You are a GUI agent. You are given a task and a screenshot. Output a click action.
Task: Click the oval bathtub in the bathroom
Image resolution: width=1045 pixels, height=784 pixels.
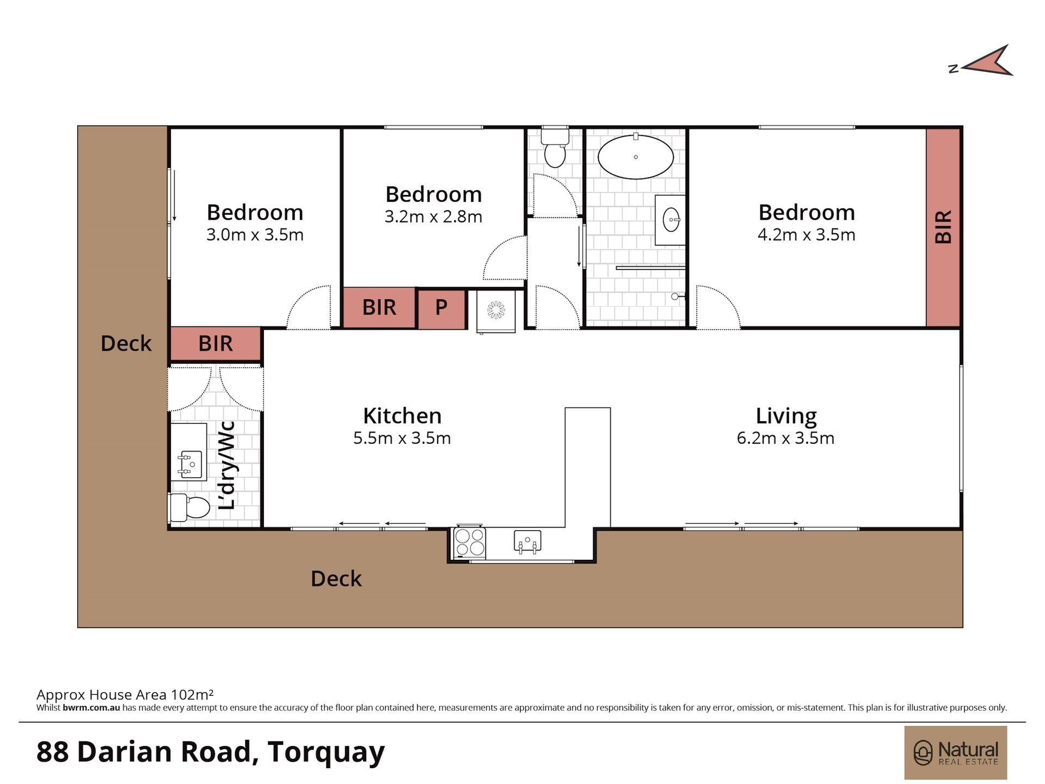coord(635,157)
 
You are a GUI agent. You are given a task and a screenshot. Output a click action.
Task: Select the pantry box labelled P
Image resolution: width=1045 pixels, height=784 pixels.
coord(441,309)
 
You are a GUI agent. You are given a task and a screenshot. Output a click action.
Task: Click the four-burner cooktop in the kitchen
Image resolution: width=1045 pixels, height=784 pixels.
coord(470,542)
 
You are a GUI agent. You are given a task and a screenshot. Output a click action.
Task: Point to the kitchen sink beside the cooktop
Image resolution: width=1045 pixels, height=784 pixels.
coord(527,541)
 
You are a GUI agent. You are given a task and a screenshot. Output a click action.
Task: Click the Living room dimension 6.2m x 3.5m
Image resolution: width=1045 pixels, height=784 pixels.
coord(785,438)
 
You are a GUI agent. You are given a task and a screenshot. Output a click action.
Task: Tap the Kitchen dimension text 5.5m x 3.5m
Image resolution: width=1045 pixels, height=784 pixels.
coord(402,438)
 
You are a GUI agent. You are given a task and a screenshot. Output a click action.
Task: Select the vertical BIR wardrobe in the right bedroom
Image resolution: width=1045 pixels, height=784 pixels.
coord(943,227)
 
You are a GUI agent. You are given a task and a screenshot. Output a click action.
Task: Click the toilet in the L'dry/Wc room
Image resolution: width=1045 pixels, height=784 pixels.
coord(190,508)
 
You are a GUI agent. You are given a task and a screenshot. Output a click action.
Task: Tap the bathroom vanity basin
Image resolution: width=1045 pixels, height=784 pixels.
coord(671,220)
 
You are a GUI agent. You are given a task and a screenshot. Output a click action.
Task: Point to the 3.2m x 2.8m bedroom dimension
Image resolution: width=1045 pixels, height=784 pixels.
coord(433,217)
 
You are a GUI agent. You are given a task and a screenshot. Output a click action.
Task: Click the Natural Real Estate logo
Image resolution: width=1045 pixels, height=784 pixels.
coord(956,752)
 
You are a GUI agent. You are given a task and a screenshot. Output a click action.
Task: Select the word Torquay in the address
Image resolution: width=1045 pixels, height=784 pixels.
coord(326,752)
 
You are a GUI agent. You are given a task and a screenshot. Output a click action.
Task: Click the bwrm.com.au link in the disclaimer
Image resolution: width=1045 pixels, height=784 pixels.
coord(91,708)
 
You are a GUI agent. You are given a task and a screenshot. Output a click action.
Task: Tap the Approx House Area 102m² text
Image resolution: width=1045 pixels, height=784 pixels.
coord(125,694)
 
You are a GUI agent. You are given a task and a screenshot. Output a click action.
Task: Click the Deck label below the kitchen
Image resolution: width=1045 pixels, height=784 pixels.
coord(336,579)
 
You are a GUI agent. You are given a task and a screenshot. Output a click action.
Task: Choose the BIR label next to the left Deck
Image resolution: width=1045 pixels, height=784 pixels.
coord(216,344)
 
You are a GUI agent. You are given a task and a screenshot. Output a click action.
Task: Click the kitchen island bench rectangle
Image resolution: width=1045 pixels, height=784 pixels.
coord(587,467)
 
